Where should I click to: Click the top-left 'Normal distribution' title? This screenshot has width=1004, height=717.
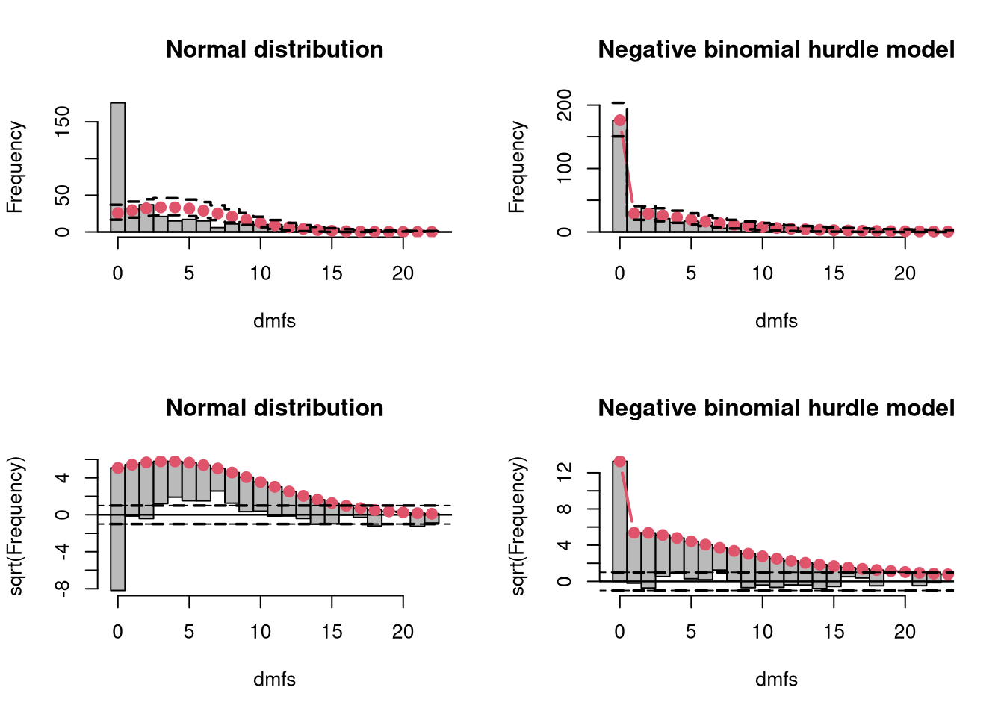pyautogui.click(x=274, y=49)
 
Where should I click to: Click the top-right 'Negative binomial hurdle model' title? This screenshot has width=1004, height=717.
pyautogui.click(x=776, y=49)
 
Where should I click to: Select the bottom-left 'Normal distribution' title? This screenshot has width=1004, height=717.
pyautogui.click(x=274, y=408)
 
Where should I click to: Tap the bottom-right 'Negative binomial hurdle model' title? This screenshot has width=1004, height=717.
pyautogui.click(x=776, y=408)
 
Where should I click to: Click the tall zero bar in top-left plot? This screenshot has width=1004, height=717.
pyautogui.click(x=118, y=167)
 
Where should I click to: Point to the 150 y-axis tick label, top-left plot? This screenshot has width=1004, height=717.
pyautogui.click(x=62, y=122)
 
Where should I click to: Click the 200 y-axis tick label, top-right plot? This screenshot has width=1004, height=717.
pyautogui.click(x=564, y=105)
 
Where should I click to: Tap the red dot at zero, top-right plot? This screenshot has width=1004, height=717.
pyautogui.click(x=620, y=120)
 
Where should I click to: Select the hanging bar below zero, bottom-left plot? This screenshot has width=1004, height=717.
pyautogui.click(x=118, y=553)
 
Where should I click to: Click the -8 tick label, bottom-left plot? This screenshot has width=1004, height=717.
pyautogui.click(x=62, y=588)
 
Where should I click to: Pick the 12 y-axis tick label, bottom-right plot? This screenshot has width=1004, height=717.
pyautogui.click(x=564, y=473)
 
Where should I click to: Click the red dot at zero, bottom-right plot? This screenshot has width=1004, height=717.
pyautogui.click(x=620, y=461)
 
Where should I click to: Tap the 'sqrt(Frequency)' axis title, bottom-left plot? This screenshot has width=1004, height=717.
pyautogui.click(x=16, y=526)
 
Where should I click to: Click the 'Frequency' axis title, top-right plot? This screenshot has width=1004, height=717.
pyautogui.click(x=517, y=167)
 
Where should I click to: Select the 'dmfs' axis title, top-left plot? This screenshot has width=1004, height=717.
pyautogui.click(x=274, y=321)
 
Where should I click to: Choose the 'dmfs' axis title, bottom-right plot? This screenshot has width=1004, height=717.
pyautogui.click(x=776, y=680)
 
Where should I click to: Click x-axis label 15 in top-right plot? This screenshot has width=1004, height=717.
pyautogui.click(x=834, y=273)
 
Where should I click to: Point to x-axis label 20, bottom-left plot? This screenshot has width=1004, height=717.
pyautogui.click(x=403, y=632)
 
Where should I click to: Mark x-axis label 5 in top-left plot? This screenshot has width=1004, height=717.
pyautogui.click(x=189, y=273)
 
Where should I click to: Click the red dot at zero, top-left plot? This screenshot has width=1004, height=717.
pyautogui.click(x=118, y=213)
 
